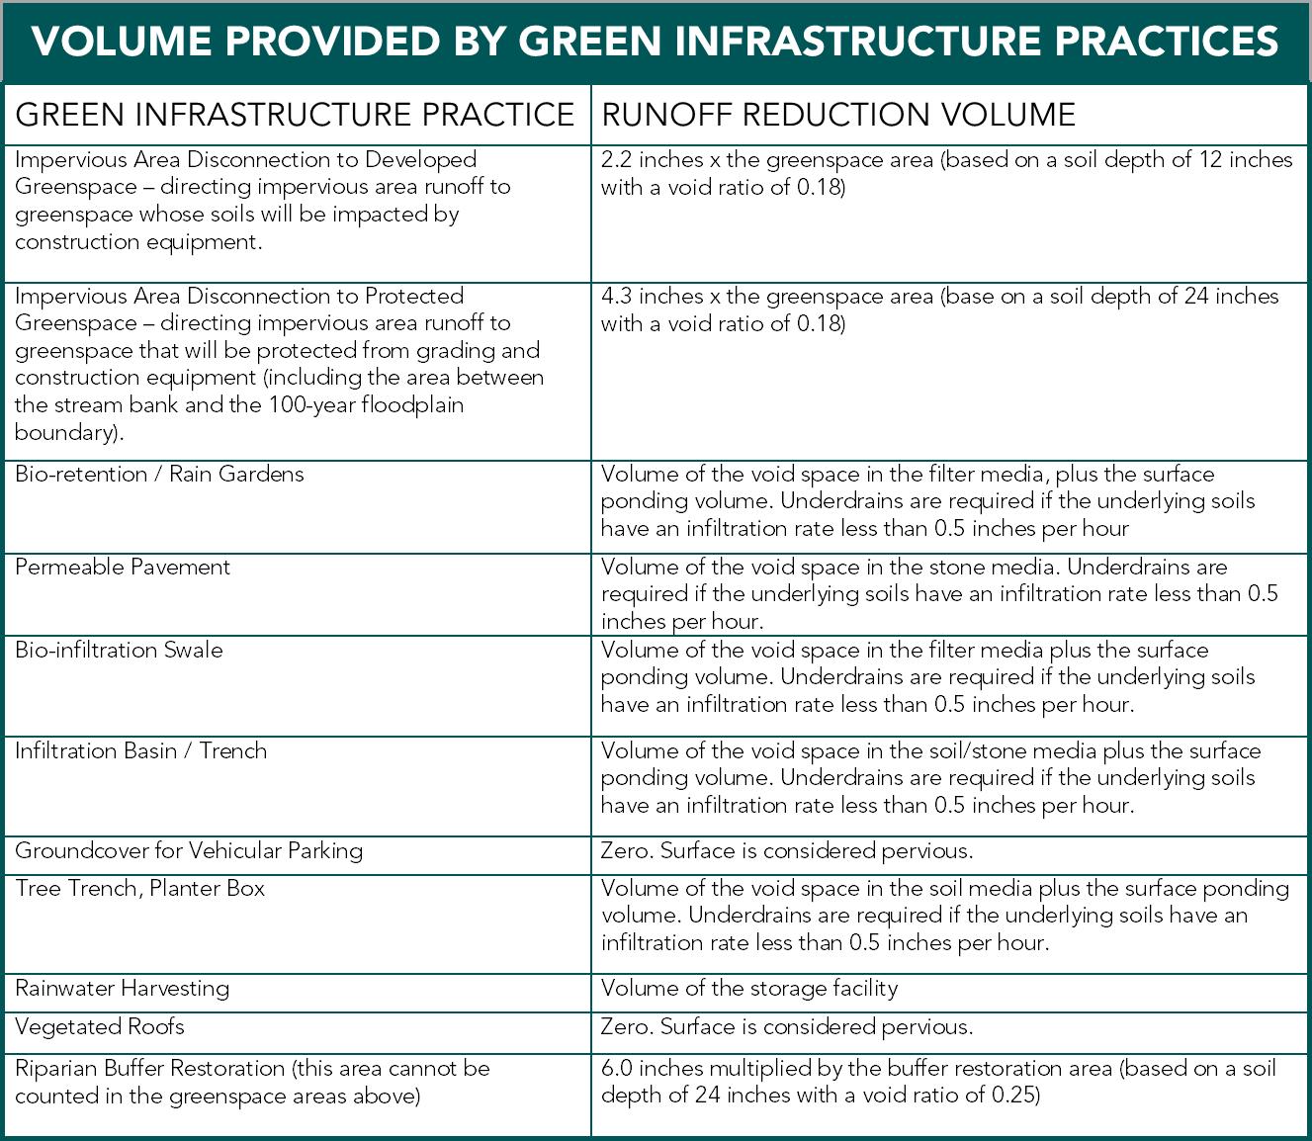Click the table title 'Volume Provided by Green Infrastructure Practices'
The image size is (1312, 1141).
pyautogui.click(x=656, y=42)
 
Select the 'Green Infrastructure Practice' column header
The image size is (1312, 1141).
pyautogui.click(x=295, y=115)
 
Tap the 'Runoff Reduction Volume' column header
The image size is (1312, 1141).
pyautogui.click(x=838, y=115)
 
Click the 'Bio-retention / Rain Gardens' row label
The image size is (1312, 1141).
pyautogui.click(x=159, y=474)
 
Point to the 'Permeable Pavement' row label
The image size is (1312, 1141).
pyautogui.click(x=123, y=567)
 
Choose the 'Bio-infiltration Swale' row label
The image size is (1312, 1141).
pyautogui.click(x=119, y=650)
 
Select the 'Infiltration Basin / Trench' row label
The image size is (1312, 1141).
pyautogui.click(x=140, y=750)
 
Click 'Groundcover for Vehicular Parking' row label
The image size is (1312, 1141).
pyautogui.click(x=189, y=850)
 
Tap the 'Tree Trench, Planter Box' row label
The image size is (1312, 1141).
pyautogui.click(x=139, y=888)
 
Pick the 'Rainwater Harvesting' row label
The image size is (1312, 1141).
pyautogui.click(x=122, y=988)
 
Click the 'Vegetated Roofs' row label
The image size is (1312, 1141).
pyautogui.click(x=100, y=1026)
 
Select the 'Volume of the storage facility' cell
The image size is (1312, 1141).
pyautogui.click(x=748, y=988)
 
